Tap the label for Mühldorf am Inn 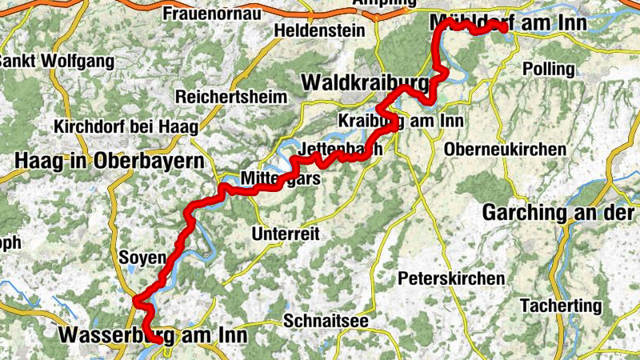click(x=507, y=23)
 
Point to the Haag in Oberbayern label click(x=109, y=162)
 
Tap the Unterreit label click(x=286, y=234)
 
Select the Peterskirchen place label click(x=451, y=278)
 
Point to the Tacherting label click(x=560, y=306)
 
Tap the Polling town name click(x=549, y=69)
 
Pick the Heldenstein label click(x=318, y=31)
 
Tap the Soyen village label click(x=141, y=258)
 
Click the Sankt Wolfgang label click(x=56, y=61)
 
